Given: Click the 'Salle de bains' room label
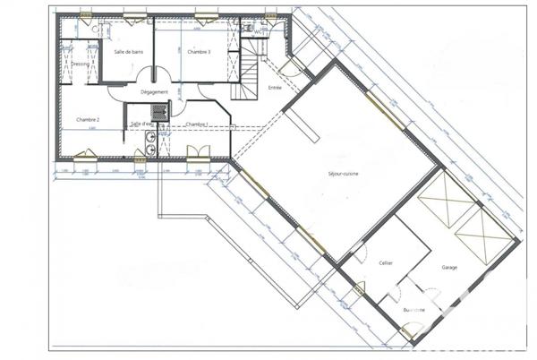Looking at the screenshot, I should tap(130, 52).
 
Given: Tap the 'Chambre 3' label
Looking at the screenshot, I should tap(199, 52).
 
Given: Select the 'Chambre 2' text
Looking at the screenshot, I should tap(87, 119).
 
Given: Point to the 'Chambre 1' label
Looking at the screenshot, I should tap(197, 124).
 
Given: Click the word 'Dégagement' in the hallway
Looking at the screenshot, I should tap(155, 92).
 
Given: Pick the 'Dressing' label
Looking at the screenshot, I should tap(80, 64).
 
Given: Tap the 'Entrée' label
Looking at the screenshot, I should tap(276, 87).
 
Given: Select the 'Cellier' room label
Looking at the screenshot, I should tap(386, 263).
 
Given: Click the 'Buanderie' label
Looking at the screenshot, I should tap(414, 310).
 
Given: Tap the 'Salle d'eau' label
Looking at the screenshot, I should tap(141, 124).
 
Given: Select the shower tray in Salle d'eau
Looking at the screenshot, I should tap(159, 112).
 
